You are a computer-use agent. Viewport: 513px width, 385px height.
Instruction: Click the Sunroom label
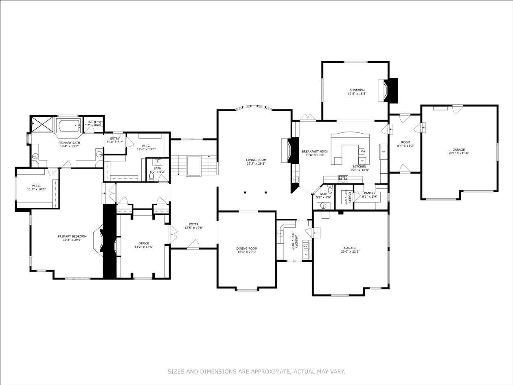[x=357, y=90]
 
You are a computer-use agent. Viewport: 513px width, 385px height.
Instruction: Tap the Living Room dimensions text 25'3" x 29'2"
[x=256, y=163]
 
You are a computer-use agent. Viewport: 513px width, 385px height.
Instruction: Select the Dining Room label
[x=247, y=248]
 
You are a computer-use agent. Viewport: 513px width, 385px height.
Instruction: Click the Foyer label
[x=194, y=224]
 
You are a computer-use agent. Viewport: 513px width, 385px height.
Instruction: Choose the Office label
[x=144, y=243]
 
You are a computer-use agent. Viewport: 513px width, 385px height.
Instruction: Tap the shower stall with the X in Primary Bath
[x=42, y=124]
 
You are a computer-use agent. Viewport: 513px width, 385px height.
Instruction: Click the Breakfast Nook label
[x=315, y=152]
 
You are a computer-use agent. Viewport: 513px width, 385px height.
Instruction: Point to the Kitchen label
[x=360, y=167]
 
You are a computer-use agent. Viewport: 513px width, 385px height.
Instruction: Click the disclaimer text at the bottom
[x=256, y=372]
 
